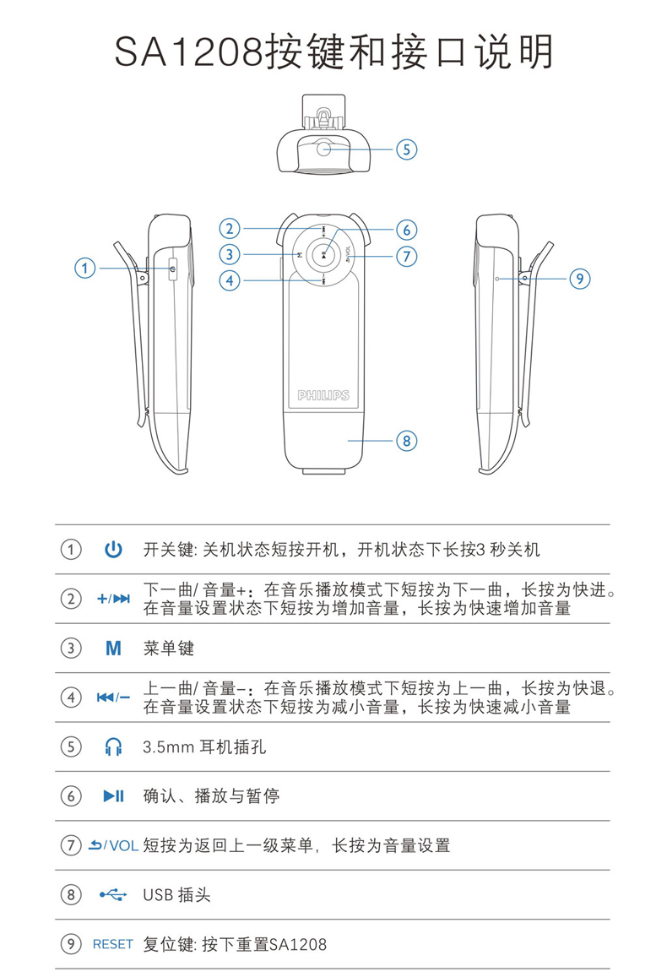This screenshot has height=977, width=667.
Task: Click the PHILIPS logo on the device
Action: pos(323,395)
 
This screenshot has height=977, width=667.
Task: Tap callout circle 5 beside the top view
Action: pos(406,149)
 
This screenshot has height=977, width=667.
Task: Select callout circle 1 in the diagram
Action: pos(84,269)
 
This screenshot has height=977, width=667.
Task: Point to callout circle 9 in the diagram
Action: pos(579,278)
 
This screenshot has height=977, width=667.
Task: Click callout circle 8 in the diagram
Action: pos(406,440)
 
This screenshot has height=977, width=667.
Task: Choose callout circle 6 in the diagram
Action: pos(406,229)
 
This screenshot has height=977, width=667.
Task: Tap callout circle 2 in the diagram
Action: pos(230,228)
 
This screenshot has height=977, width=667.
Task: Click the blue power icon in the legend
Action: pos(113,551)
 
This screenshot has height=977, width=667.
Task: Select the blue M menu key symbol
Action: pos(113,649)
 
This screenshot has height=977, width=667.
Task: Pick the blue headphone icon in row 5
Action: pos(113,747)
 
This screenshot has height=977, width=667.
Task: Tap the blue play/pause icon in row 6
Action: pos(113,795)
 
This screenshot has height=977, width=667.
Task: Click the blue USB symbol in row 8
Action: pos(113,894)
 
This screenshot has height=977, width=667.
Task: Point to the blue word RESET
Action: pos(113,944)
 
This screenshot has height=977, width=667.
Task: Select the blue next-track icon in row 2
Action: pos(122,600)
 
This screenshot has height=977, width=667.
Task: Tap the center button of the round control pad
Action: pos(323,253)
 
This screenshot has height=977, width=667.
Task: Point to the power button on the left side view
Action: pos(172,269)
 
